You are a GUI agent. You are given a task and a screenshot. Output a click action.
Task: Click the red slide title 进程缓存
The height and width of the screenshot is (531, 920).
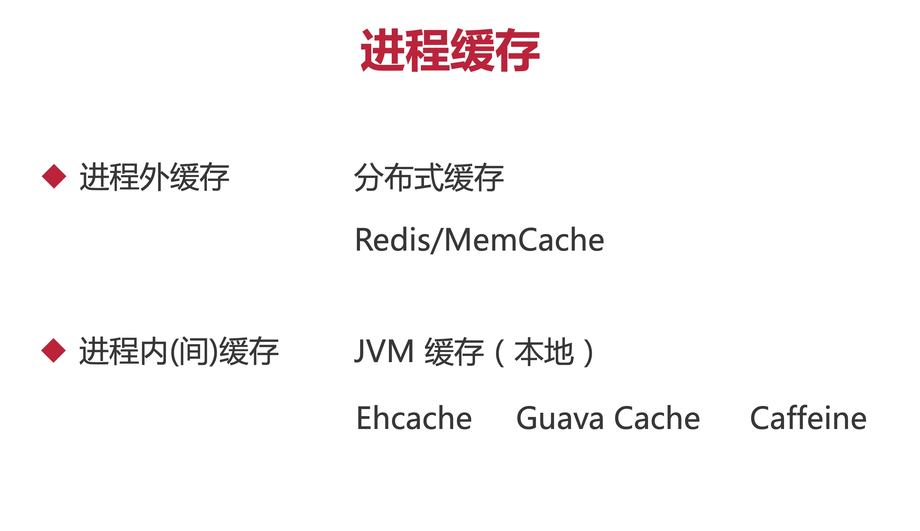450,50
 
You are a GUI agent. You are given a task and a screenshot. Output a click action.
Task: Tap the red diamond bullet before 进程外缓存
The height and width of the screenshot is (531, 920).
54,176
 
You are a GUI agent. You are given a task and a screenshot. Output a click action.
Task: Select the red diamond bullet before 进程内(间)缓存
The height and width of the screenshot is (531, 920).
54,350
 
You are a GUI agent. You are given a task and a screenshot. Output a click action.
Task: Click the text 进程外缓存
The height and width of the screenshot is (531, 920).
154,177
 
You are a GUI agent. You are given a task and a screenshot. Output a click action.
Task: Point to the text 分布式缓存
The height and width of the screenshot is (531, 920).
429,177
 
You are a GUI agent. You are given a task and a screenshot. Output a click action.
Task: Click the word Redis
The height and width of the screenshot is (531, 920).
392,240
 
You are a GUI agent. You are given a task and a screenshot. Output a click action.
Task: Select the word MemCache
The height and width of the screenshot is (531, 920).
524,240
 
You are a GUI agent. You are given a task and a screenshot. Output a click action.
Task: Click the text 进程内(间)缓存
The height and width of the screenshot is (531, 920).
179,351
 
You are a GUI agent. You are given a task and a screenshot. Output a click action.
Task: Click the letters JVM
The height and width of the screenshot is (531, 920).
384,351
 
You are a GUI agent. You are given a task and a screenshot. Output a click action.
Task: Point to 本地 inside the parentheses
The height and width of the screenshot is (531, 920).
544,351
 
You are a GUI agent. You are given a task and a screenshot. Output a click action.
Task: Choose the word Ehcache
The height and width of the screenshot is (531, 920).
414,418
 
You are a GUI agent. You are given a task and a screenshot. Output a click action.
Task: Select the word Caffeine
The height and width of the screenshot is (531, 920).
808,418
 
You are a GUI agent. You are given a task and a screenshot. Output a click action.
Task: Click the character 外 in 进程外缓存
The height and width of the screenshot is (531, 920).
154,177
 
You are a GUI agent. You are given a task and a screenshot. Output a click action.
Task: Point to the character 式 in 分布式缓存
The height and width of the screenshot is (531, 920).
429,177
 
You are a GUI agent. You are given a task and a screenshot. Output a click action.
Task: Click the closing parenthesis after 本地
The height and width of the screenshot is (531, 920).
588,352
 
